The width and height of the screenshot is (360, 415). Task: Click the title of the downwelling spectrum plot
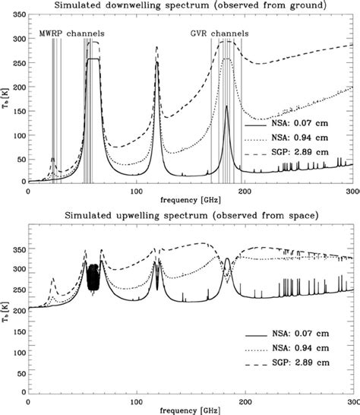pos(191,7)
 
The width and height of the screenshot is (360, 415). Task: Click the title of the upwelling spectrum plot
pos(191,216)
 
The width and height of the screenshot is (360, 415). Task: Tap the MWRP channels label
pos(72,35)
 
